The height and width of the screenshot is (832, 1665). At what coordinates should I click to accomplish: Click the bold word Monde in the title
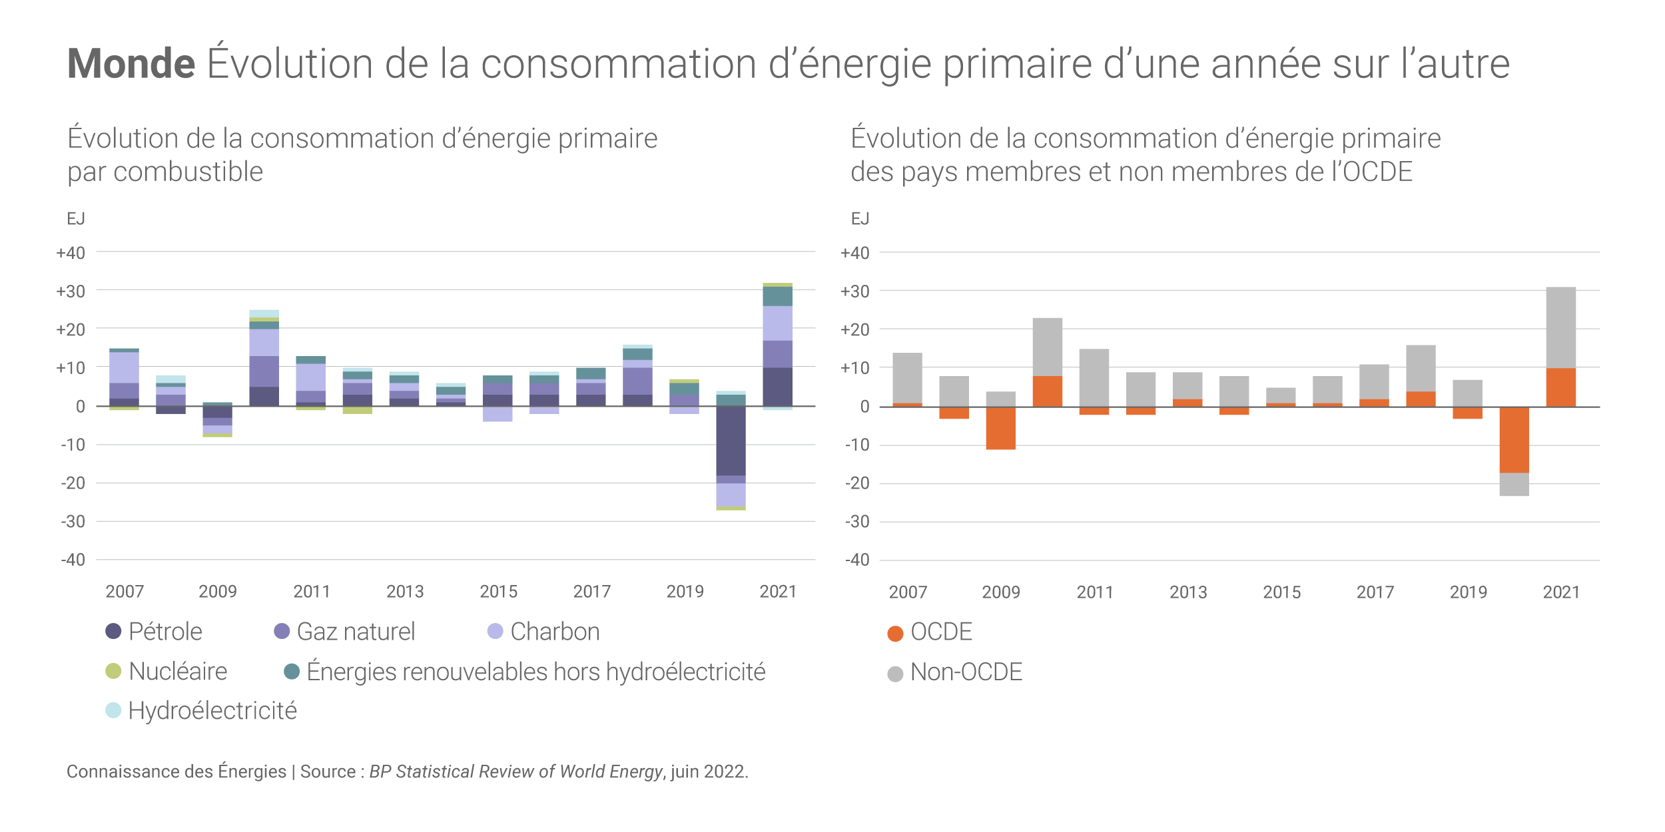pyautogui.click(x=131, y=64)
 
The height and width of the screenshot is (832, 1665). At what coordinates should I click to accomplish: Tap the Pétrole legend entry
pyautogui.click(x=155, y=631)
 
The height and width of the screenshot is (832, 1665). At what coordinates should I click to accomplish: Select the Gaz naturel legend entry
pyautogui.click(x=345, y=631)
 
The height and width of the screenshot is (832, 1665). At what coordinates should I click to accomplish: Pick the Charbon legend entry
pyautogui.click(x=543, y=631)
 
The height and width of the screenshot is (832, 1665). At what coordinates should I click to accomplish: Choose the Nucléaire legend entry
pyautogui.click(x=166, y=671)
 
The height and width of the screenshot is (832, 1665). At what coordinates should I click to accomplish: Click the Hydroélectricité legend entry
pyautogui.click(x=201, y=710)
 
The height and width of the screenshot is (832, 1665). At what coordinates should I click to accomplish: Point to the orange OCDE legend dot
pyautogui.click(x=895, y=634)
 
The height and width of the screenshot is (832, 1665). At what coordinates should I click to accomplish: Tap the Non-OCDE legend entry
pyautogui.click(x=955, y=672)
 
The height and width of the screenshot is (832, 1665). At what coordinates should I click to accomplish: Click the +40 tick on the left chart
pyautogui.click(x=71, y=253)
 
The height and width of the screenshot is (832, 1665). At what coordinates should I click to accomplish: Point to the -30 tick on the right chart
pyautogui.click(x=857, y=522)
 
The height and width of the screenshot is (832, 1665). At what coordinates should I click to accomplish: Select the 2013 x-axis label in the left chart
pyautogui.click(x=405, y=591)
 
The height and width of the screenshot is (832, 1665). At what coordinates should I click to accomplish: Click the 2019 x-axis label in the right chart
pyautogui.click(x=1468, y=592)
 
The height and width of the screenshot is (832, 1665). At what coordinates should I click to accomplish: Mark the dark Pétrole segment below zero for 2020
pyautogui.click(x=731, y=441)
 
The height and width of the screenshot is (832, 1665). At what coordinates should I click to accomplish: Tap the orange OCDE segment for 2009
pyautogui.click(x=1000, y=428)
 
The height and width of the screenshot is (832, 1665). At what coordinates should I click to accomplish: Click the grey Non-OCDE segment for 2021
pyautogui.click(x=1560, y=327)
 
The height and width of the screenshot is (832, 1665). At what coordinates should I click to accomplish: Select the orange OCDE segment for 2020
pyautogui.click(x=1514, y=440)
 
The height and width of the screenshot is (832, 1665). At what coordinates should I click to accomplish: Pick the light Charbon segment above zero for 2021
pyautogui.click(x=777, y=323)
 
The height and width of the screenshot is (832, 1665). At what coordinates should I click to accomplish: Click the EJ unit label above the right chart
pyautogui.click(x=860, y=219)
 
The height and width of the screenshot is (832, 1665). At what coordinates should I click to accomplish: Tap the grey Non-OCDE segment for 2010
pyautogui.click(x=1047, y=347)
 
